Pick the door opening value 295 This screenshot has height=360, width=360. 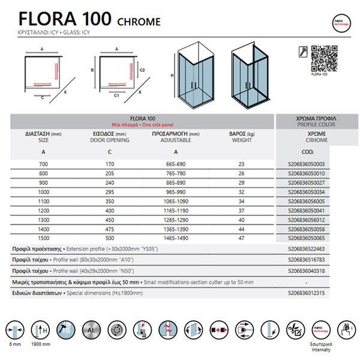(109, 193)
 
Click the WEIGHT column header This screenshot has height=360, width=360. (241, 140)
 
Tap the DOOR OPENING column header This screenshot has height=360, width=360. (109, 140)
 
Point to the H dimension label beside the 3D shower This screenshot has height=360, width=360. (172, 76)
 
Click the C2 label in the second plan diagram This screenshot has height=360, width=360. (142, 70)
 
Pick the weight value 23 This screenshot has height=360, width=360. (241, 164)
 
